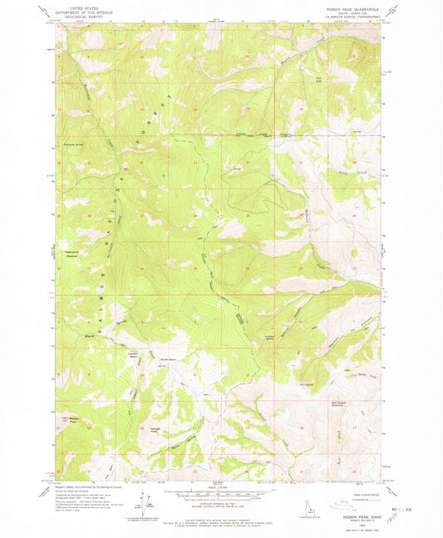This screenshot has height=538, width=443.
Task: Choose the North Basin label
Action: [x=166, y=358]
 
